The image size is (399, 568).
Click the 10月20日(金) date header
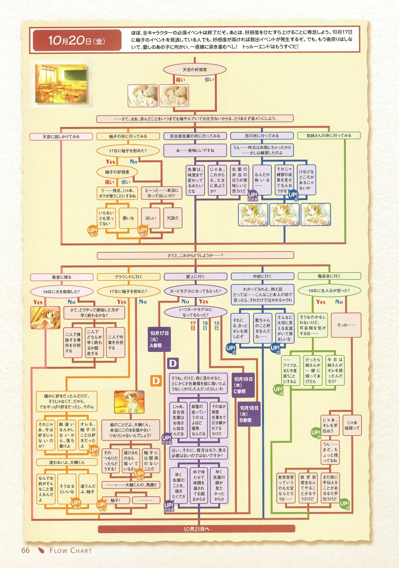coord(77,41)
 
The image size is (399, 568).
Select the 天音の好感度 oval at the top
coord(195,70)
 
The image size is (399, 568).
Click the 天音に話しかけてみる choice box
coord(61,137)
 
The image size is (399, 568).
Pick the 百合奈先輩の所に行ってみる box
coord(195,136)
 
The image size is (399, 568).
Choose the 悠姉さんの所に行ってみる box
coord(329,136)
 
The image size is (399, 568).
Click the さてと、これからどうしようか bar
coord(195,255)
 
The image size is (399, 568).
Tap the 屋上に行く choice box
coord(195,277)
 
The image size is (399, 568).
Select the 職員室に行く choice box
coord(329,276)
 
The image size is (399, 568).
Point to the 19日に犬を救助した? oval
coord(61,292)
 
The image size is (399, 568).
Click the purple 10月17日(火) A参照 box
coord(159,339)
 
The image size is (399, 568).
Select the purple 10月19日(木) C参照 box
coord(243,385)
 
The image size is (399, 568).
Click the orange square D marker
coord(156,380)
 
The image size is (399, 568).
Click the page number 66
coord(26,550)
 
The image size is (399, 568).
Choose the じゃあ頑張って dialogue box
coord(352,425)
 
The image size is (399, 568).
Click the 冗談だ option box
coord(172,218)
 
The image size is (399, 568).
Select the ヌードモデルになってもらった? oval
coord(195,291)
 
